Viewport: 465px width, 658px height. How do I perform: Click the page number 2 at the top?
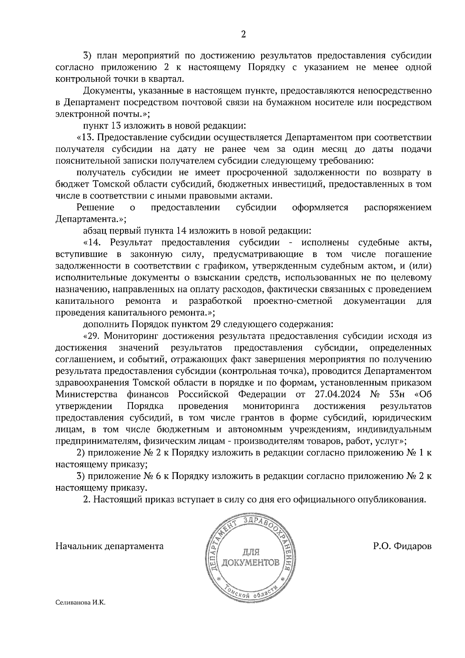(243, 34)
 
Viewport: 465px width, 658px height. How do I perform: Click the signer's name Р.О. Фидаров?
(402, 546)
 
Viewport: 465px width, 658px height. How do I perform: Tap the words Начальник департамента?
(110, 546)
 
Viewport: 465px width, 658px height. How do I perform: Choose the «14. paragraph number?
(92, 243)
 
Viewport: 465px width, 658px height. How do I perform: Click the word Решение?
(95, 207)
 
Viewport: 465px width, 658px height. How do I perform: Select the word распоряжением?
(398, 207)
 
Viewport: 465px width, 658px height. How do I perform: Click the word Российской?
(203, 394)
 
